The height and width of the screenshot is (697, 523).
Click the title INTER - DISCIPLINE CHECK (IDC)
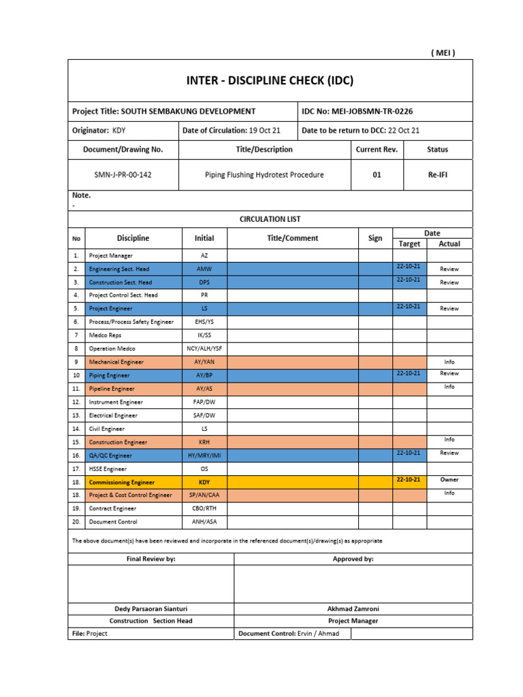pos(270,81)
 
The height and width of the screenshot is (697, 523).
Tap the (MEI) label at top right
pos(443,53)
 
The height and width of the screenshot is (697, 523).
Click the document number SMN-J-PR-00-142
pos(123,175)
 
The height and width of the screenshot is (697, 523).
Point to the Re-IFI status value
pos(437,175)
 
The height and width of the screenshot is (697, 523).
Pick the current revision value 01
pos(377,175)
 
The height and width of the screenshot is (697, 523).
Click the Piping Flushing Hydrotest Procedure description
pos(264,175)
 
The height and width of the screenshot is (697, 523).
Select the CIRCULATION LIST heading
pos(270,219)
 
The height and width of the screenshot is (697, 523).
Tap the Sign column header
pos(375,238)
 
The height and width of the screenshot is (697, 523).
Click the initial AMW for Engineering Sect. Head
pos(204,269)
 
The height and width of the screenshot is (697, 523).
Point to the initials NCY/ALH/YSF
pos(204,348)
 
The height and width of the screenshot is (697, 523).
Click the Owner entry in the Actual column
pos(449,480)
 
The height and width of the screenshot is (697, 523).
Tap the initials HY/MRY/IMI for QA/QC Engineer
pos(204,455)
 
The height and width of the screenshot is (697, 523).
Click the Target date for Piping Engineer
pos(409,373)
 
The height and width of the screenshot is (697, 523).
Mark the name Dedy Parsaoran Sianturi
pos(151,609)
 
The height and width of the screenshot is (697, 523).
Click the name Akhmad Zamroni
pos(353,609)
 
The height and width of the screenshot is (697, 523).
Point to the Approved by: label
pos(353,559)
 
